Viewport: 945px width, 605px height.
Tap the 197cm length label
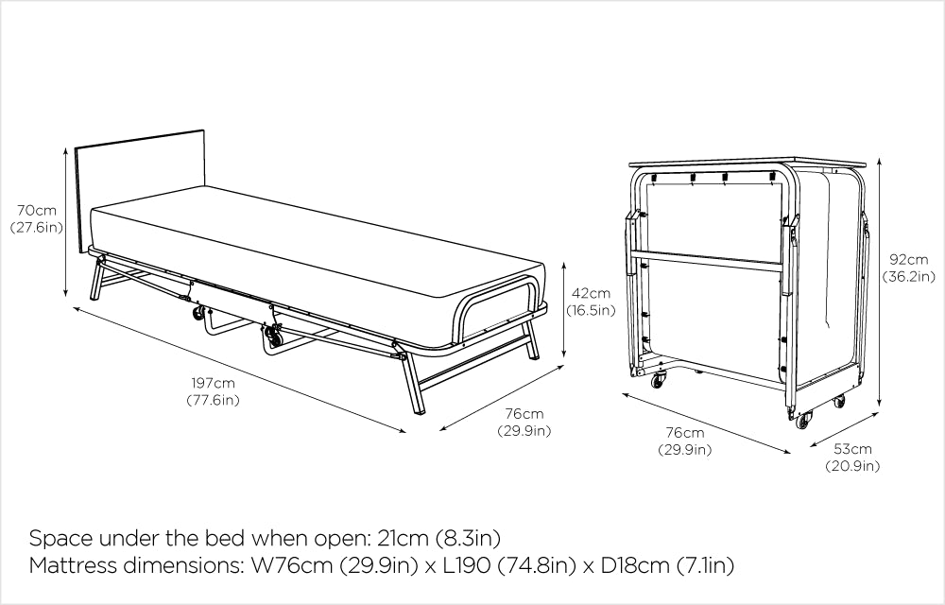(x=212, y=383)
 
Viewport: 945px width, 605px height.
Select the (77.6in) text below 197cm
(x=212, y=400)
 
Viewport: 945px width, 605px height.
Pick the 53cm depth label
(x=852, y=448)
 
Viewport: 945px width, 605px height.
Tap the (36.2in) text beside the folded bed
(x=909, y=277)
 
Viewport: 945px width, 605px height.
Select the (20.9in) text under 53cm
(x=852, y=465)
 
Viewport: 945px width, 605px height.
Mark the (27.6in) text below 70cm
(x=35, y=227)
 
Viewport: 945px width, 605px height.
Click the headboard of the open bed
(x=140, y=184)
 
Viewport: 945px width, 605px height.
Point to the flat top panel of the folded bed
(x=752, y=158)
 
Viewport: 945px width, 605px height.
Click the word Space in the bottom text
(x=60, y=539)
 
